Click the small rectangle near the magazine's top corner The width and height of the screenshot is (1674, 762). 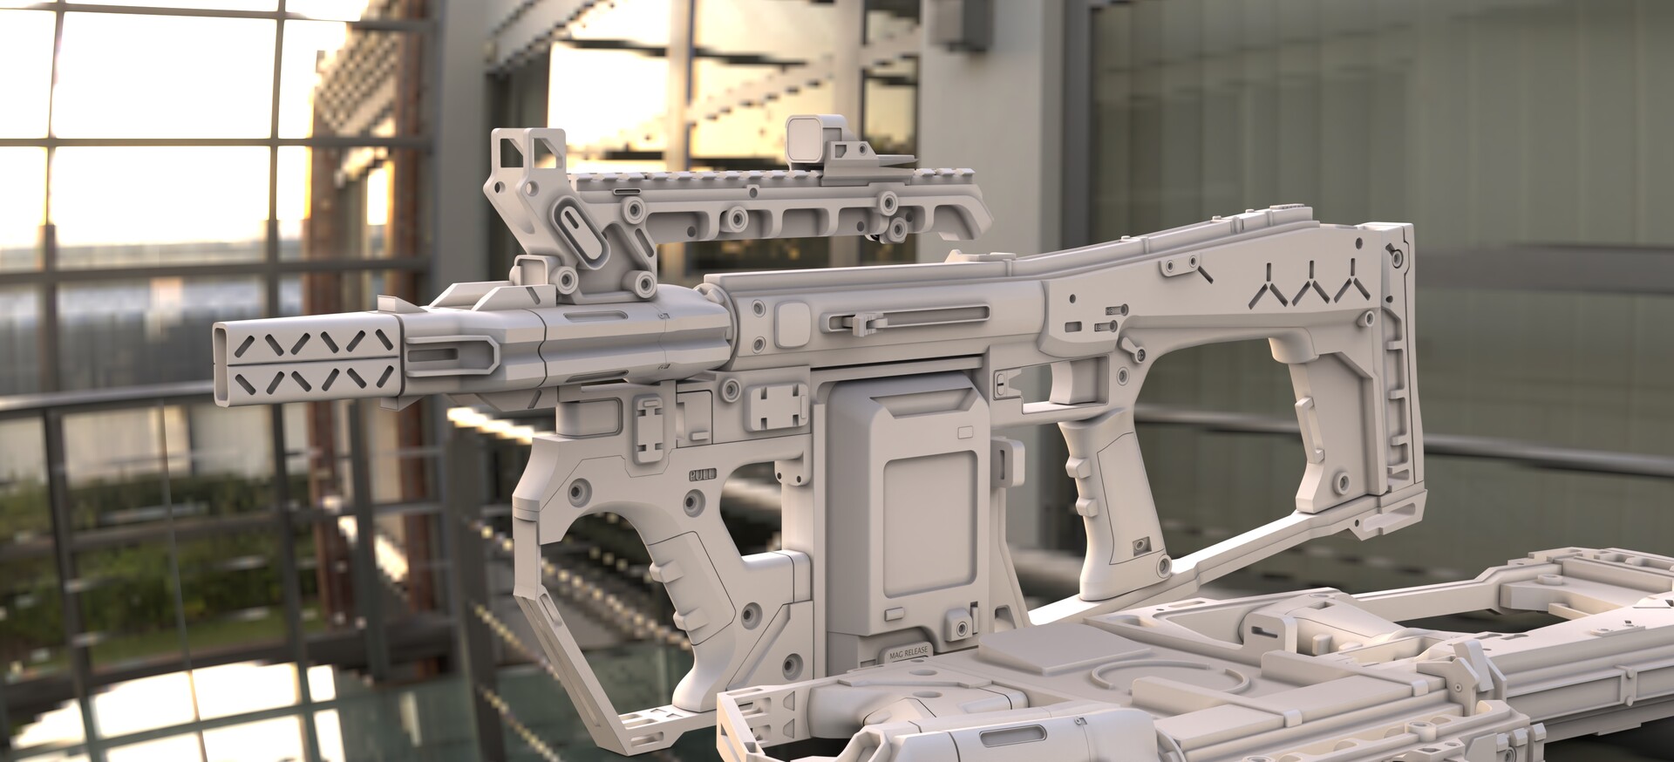[966, 432]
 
